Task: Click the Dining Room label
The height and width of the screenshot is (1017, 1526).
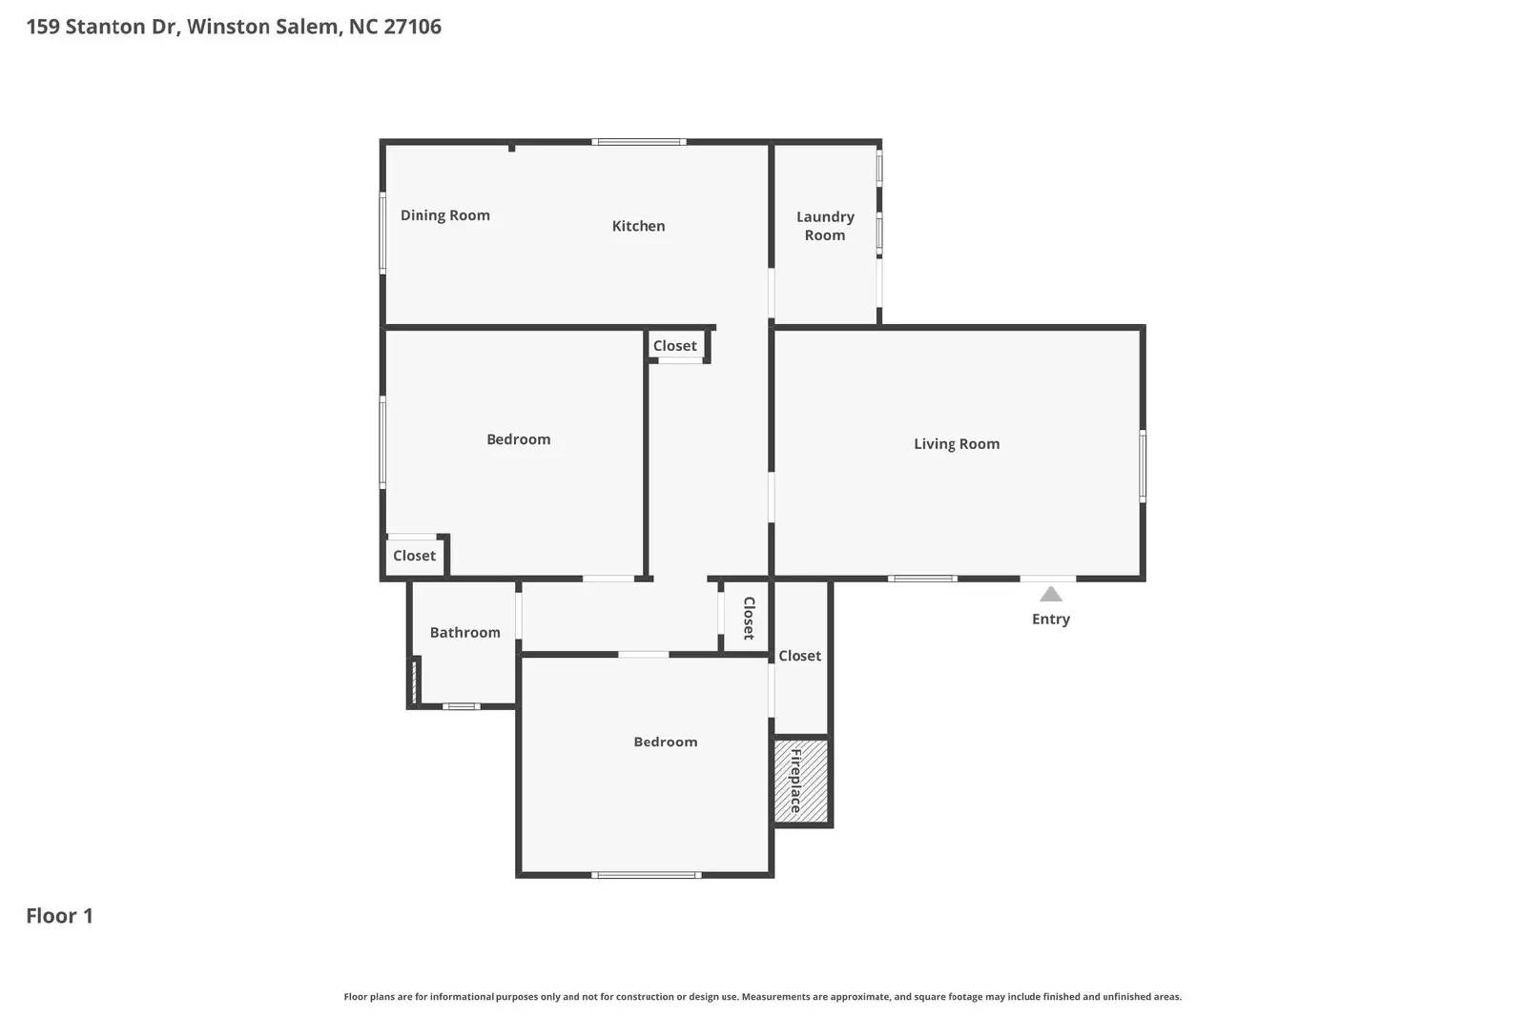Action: coord(444,215)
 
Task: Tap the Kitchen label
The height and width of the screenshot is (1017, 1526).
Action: coord(638,226)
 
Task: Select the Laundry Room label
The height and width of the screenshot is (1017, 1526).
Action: coord(825,226)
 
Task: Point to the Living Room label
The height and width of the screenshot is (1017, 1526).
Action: coord(957,443)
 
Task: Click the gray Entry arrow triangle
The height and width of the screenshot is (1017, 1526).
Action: coord(1050,595)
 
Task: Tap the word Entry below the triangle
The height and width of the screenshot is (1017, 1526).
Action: coord(1050,620)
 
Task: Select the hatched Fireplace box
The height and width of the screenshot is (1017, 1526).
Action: coord(800,782)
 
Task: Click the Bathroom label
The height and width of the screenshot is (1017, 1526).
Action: coord(464,633)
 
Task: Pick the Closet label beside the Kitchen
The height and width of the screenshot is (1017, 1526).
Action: coord(674,346)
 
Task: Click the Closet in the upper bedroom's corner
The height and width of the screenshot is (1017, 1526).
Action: coord(414,556)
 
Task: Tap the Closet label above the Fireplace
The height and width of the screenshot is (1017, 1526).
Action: coord(799,656)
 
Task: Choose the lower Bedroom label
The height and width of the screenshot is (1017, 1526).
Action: coord(665,742)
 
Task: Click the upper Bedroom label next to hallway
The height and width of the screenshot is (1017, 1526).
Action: coord(518,439)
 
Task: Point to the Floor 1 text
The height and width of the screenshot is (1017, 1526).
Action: coord(59,916)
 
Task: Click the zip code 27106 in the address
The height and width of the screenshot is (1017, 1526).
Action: coord(412,27)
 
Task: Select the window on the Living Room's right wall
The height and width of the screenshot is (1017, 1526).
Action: coord(1143,465)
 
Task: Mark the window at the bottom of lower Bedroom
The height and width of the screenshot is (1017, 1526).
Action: coord(646,874)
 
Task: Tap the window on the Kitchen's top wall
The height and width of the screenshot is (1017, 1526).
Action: coord(638,142)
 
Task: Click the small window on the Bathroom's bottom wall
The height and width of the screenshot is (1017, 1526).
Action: coord(461,706)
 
